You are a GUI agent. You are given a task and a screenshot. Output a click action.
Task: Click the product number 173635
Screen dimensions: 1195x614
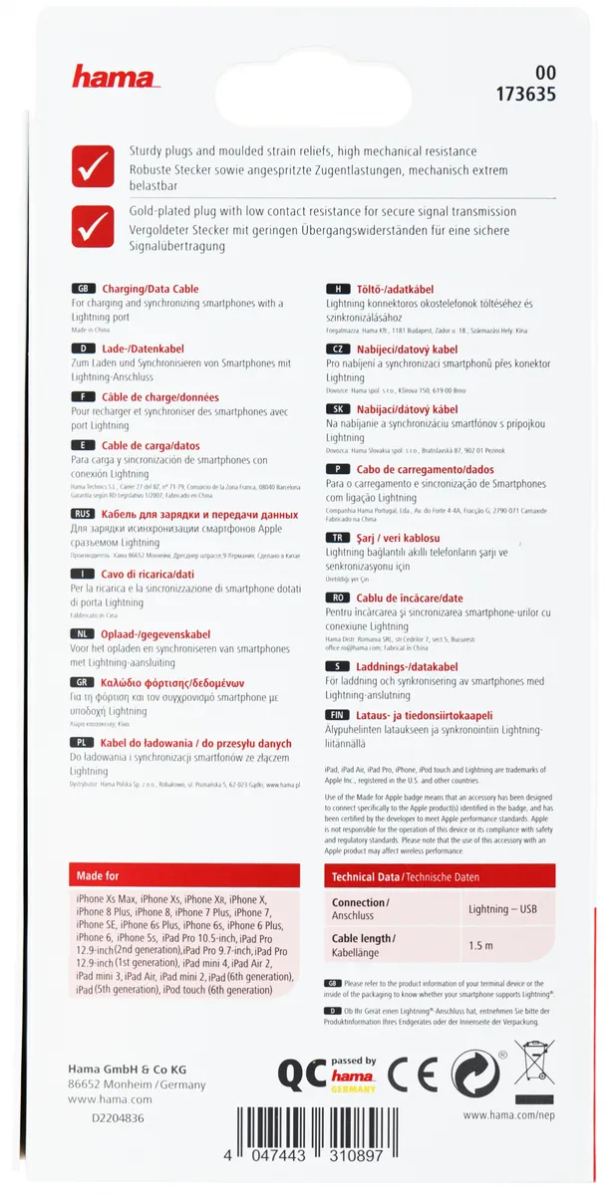click(x=523, y=96)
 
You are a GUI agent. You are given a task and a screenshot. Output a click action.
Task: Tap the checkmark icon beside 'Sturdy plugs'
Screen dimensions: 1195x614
click(x=93, y=165)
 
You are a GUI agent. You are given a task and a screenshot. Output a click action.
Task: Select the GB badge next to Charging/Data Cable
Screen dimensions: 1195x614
click(x=84, y=289)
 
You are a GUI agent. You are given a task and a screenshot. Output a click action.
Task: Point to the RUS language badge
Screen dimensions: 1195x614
click(x=84, y=514)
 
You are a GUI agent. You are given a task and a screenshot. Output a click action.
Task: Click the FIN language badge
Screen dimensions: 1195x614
click(x=339, y=715)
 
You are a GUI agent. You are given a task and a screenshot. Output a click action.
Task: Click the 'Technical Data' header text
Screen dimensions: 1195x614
click(x=364, y=877)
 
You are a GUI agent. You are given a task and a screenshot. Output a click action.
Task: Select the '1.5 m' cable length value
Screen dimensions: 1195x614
click(x=481, y=944)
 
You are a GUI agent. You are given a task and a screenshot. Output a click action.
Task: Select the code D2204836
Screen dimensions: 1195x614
click(x=117, y=1118)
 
